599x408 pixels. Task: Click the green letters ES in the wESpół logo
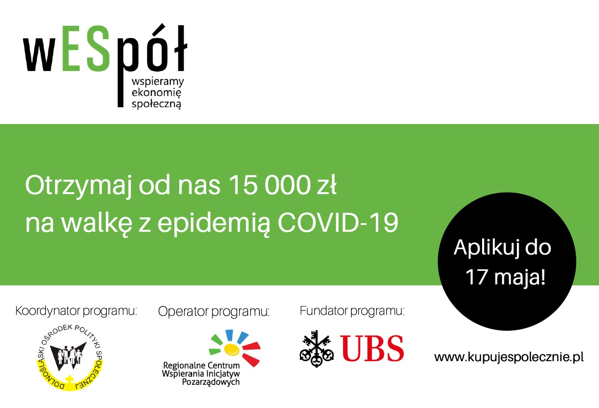point(86,49)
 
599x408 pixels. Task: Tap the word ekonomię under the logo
point(157,93)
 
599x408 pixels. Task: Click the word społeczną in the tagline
point(157,104)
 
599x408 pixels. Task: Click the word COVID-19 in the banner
point(338,223)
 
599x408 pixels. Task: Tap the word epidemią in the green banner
point(214,224)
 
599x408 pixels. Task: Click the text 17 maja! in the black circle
point(505,277)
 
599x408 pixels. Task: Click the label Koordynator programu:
point(76,311)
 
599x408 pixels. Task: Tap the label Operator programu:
point(214,312)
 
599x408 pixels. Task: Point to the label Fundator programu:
point(352,311)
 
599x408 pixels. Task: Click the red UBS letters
point(372,348)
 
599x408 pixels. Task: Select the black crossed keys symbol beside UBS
point(316,349)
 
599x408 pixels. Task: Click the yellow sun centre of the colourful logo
point(231,349)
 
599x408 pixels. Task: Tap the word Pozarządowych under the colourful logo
point(211,382)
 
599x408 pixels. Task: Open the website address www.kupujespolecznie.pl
point(509,357)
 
